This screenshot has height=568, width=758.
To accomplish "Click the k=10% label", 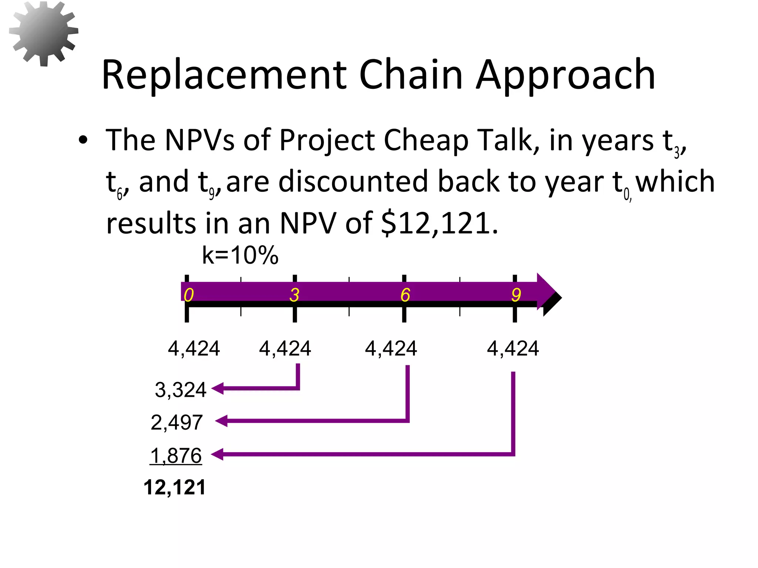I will coord(240,255).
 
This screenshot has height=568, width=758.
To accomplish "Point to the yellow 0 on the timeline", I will coord(189,295).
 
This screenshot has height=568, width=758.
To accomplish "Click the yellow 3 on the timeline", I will coord(294,295).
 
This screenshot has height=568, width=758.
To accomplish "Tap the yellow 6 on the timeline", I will coord(405,295).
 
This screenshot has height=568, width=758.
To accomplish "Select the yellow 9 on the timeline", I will coord(516,295).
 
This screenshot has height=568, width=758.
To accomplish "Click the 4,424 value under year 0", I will coord(194,348).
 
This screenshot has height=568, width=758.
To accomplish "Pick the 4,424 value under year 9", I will coord(513,348).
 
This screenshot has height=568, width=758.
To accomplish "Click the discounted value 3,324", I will coord(180,390).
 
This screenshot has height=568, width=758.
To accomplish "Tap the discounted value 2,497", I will coord(177,422).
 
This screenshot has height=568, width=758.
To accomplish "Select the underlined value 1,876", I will coord(176,455).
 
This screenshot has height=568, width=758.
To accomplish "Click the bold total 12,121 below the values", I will coord(174,487).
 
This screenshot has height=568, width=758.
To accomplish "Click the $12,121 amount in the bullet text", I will coord(439,223).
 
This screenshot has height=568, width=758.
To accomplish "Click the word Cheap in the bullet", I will coord(426,141).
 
